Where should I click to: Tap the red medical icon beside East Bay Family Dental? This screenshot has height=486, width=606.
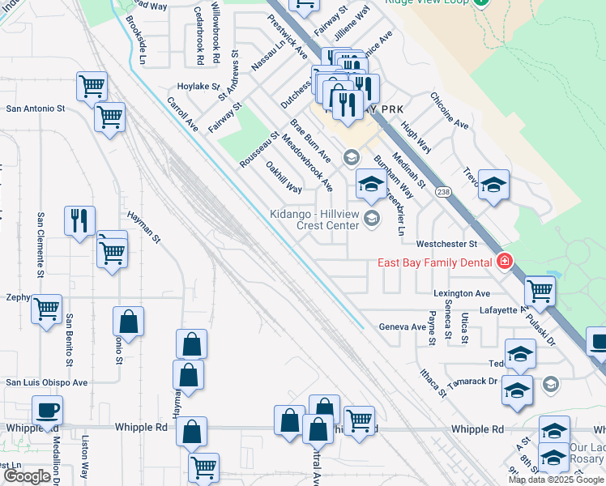pos(504,262)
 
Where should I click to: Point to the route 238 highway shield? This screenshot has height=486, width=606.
pos(442,192)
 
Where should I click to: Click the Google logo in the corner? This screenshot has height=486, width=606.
pos(28,476)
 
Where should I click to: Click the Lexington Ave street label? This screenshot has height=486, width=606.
pos(462,293)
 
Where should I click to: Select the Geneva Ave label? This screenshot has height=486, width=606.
pos(402,327)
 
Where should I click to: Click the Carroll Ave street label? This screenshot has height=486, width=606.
pos(182,114)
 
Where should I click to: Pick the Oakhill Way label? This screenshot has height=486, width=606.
pos(284,177)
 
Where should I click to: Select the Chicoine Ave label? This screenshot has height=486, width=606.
pos(450,111)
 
